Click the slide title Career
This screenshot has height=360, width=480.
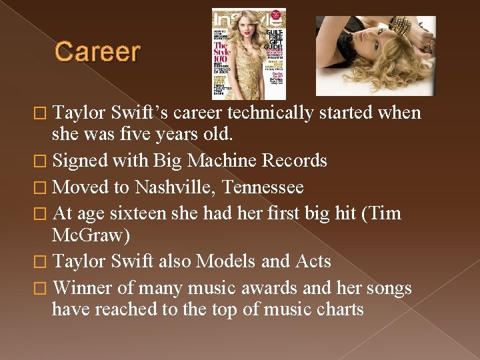point(97,52)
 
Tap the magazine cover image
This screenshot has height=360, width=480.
point(249,53)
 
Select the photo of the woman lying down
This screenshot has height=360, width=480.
point(375,56)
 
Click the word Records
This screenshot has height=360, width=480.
point(293,161)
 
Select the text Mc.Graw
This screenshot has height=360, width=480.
point(89,235)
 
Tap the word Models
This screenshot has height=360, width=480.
point(223,261)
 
